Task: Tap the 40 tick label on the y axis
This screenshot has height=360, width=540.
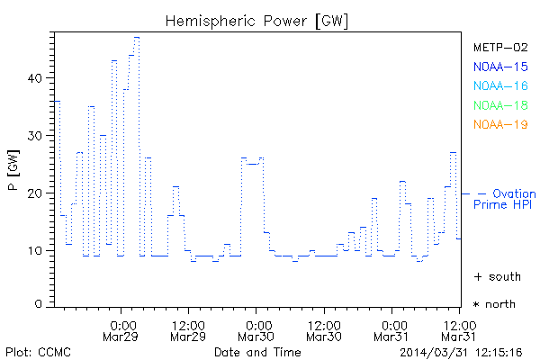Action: coord(34,78)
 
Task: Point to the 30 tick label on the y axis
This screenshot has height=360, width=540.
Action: coord(34,135)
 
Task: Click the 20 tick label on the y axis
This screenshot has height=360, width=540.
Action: coord(34,193)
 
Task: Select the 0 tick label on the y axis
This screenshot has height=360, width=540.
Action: coord(39,304)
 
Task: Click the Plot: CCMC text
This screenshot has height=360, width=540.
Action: coord(38,351)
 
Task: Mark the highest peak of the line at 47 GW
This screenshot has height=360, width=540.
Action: coord(137,37)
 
